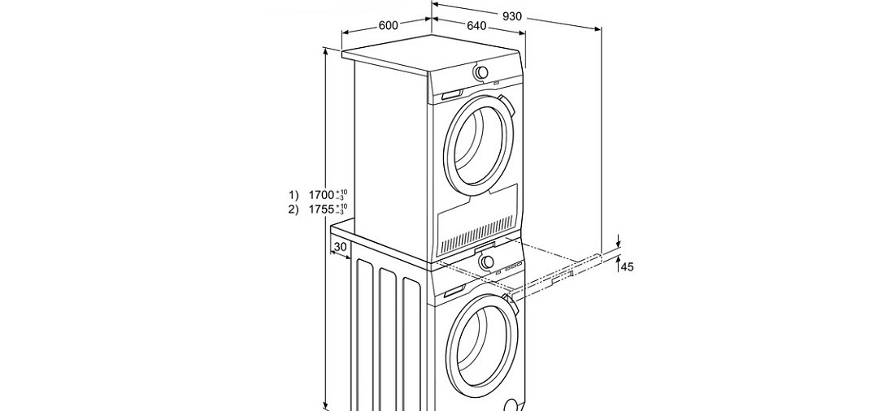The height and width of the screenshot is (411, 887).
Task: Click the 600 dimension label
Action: click(388, 25)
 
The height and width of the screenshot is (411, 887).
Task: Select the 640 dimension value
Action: click(476, 26)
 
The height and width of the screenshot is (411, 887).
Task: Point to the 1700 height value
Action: click(322, 195)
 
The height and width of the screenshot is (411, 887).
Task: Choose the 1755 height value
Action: click(322, 210)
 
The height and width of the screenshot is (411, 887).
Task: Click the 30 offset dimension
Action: click(340, 247)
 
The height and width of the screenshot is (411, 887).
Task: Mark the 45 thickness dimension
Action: click(627, 266)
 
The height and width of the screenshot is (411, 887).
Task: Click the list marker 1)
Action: click(293, 195)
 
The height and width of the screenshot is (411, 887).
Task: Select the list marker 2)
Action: click(293, 210)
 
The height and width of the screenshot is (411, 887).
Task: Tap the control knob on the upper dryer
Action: click(482, 72)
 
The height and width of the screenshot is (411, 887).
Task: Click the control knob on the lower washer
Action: click(486, 262)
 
